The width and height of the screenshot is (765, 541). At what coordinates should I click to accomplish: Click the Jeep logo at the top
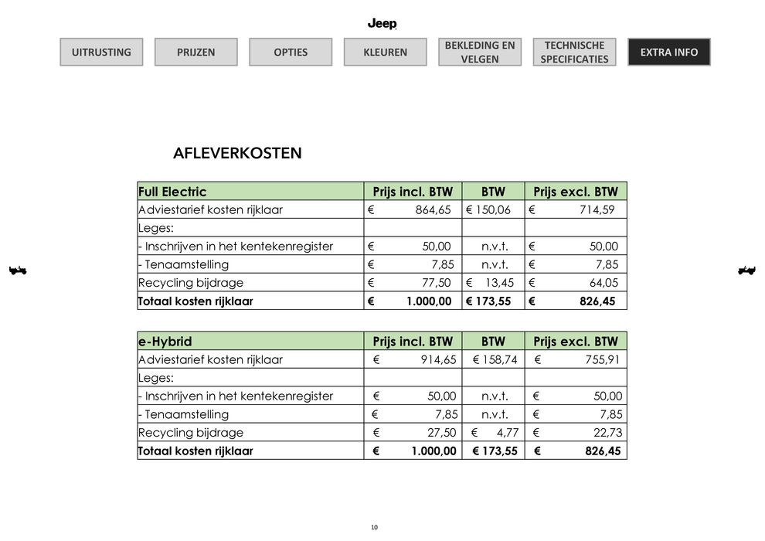(x=382, y=24)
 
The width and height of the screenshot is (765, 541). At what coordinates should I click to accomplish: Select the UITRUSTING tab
(x=101, y=53)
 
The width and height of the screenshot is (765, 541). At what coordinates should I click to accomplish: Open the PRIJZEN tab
(x=195, y=53)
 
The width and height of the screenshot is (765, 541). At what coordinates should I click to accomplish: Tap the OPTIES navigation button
(x=291, y=53)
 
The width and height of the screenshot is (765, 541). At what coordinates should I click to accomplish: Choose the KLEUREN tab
(x=385, y=53)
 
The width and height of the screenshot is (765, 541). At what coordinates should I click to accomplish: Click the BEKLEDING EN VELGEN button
(x=480, y=53)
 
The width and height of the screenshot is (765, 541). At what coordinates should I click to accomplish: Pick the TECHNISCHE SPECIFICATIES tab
(x=574, y=53)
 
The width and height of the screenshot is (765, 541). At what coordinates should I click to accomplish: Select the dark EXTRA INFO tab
(x=668, y=53)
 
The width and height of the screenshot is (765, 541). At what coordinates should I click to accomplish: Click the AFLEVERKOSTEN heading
(x=237, y=153)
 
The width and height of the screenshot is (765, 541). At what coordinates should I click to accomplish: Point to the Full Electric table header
(x=172, y=192)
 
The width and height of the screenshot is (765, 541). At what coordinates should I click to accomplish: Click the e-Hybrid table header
(x=165, y=342)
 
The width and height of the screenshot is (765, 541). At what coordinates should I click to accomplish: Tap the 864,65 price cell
(x=433, y=210)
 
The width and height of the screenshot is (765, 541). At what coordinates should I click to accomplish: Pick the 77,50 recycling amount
(x=436, y=283)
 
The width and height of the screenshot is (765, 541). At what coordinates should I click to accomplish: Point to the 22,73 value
(x=607, y=433)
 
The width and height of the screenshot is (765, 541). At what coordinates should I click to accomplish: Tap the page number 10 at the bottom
(x=374, y=527)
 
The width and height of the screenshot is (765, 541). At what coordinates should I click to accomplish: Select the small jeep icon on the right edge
(x=746, y=270)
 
